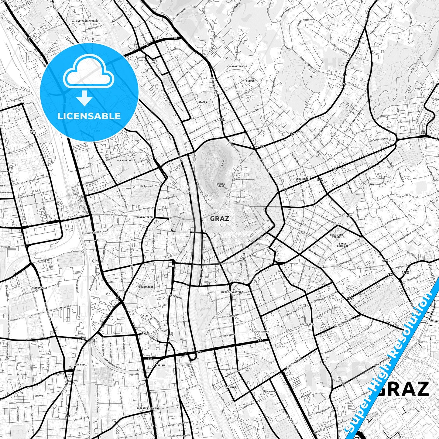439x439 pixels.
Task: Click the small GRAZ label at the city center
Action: pos(219,218)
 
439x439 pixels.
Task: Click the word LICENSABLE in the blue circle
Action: pos(89,116)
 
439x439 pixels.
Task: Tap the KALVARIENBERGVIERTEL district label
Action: pos(86,21)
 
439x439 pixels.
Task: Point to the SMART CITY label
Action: pos(33,132)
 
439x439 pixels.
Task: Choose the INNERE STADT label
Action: pos(221,185)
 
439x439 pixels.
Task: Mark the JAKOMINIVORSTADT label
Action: pos(232,292)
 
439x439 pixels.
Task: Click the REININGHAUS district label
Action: pos(39,287)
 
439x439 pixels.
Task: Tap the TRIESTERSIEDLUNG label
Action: pos(148,408)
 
